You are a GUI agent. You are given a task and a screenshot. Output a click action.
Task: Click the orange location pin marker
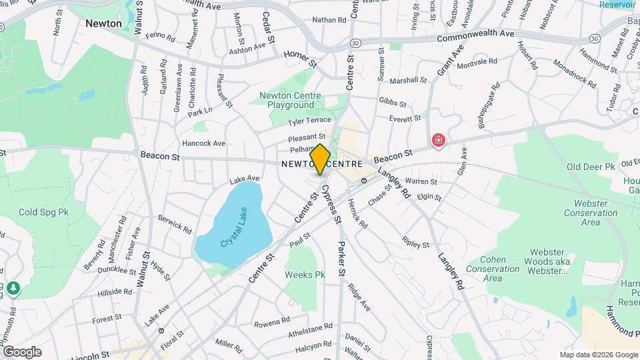pos(321,159)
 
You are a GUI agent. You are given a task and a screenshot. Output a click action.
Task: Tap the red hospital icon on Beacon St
pos(439,140)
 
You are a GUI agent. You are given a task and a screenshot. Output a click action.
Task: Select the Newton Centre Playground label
pos(291,101)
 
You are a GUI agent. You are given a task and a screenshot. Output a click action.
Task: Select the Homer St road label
pos(299,57)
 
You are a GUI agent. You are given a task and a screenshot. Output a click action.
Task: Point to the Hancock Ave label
pos(204,143)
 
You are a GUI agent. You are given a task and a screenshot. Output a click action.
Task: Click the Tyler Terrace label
pos(309,121)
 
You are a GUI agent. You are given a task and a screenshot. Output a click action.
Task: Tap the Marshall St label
pos(408,80)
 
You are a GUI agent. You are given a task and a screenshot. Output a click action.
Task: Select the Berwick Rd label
pos(175,223)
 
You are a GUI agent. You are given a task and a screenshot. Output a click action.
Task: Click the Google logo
pos(22,352)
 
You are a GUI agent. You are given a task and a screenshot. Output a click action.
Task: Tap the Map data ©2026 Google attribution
pos(598,355)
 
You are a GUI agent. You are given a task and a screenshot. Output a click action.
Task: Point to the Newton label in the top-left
pos(103,23)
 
